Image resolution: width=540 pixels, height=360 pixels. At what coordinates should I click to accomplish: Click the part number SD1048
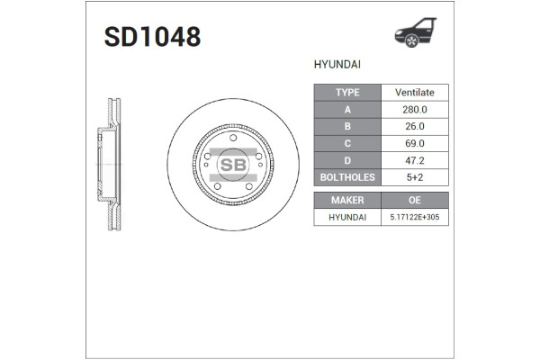(152, 37)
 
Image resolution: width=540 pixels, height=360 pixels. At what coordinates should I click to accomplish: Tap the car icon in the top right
(415, 33)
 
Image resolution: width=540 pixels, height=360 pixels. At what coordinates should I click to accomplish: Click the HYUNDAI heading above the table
(337, 65)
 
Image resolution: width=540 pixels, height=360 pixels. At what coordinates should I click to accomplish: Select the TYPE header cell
(347, 92)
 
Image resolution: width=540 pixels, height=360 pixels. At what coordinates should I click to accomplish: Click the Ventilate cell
(415, 92)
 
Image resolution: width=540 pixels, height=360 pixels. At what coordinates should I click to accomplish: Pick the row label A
(347, 109)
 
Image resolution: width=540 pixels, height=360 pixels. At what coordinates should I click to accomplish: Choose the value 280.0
(415, 109)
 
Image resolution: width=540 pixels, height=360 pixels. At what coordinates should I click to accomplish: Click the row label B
(347, 126)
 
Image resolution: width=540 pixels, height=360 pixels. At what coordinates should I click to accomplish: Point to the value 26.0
(415, 126)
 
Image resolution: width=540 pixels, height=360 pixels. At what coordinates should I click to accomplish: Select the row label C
(347, 143)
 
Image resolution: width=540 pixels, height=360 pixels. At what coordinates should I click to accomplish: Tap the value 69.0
(415, 143)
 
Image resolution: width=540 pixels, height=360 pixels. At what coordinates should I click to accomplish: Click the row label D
(347, 160)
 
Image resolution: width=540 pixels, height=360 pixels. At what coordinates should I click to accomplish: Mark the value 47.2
(415, 160)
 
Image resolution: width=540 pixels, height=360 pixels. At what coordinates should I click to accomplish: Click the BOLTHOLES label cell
(347, 177)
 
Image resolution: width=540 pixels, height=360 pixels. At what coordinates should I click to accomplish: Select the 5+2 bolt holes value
(415, 177)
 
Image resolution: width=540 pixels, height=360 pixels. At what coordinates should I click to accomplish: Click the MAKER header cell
(347, 200)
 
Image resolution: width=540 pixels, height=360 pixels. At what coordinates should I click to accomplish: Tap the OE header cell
(415, 200)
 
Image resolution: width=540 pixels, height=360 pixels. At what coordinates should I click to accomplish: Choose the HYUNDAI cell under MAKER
(347, 217)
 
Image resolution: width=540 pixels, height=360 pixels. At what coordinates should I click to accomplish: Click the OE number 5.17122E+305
(415, 217)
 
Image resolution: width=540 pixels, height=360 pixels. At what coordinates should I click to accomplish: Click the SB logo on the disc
(233, 165)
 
